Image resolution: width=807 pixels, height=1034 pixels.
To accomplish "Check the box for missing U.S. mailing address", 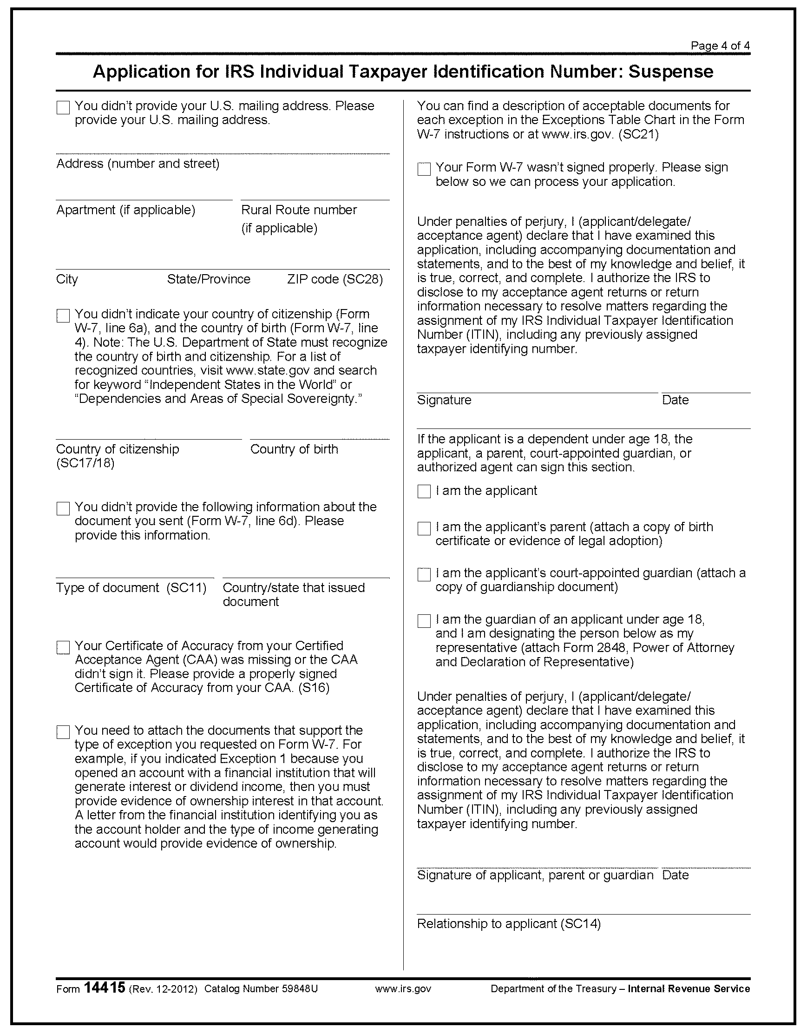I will coord(63,107).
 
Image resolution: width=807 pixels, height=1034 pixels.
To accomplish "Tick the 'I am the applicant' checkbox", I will coord(424,491).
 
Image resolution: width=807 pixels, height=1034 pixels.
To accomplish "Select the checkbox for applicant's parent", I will coord(424,528).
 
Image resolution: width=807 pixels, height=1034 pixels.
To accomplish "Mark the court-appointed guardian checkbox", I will coord(424,575).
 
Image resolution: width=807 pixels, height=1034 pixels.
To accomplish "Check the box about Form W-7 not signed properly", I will coord(424,169).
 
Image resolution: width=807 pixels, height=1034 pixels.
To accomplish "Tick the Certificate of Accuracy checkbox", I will coord(63,647).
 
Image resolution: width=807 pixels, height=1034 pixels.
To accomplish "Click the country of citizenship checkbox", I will coord(63,316).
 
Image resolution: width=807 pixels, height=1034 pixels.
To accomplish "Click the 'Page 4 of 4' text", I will coord(720,46).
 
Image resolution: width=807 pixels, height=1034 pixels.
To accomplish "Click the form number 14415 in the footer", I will coord(104,988).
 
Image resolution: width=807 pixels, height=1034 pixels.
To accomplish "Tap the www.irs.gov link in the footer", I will coord(403,989).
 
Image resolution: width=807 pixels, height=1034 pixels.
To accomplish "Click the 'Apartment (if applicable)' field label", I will coord(125,210).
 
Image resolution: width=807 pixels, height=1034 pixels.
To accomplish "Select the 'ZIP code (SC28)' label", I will coord(335,279).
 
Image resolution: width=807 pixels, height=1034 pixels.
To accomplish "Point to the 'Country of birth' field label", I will coord(294,449).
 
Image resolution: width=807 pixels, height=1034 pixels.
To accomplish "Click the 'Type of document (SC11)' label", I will coord(131,587).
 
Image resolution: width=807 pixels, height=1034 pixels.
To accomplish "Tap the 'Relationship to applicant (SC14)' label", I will coord(508,924).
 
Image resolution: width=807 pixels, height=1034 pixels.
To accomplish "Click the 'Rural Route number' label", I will coord(299,210).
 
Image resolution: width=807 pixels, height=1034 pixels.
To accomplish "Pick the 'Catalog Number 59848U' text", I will coord(261,989).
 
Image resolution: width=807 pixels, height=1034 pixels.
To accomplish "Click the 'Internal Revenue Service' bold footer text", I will coord(689,989).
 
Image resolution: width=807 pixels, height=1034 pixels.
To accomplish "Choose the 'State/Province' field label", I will coord(208,279).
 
